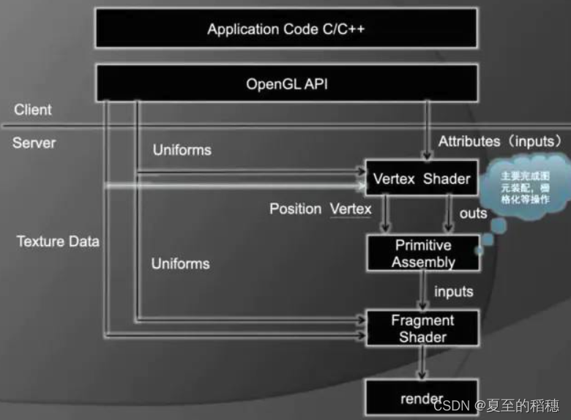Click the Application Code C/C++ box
[x=286, y=29]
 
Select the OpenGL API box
[x=286, y=83]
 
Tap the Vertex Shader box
[x=422, y=178]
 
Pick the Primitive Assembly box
[x=423, y=253]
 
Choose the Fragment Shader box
[x=422, y=328]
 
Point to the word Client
[x=33, y=110]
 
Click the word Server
[x=34, y=142]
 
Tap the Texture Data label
[x=58, y=241]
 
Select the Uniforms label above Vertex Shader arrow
[x=182, y=150]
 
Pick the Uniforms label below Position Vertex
[x=180, y=263]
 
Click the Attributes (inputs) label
[x=500, y=140]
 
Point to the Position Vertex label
[x=320, y=209]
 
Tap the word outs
[x=473, y=213]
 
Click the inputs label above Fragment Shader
[x=453, y=291]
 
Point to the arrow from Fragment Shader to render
[x=422, y=362]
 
